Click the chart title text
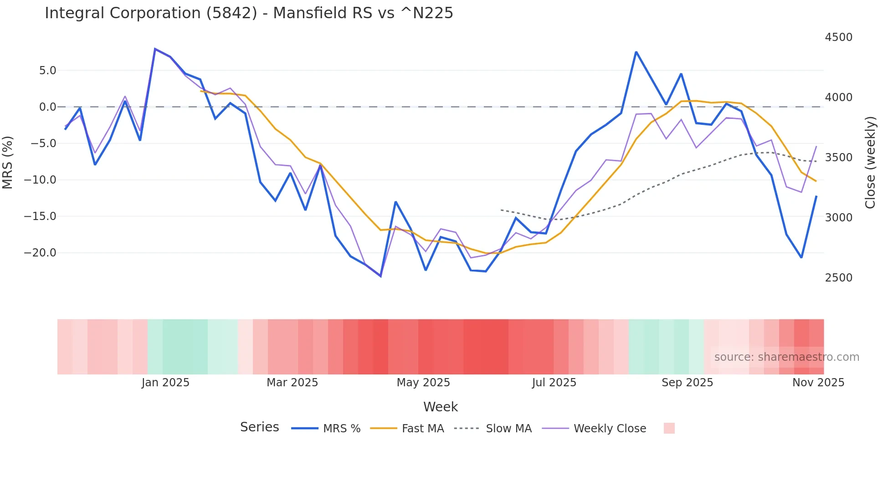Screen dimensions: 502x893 point(249,13)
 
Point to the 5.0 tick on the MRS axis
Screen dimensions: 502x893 point(47,71)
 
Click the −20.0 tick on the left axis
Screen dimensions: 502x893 point(40,253)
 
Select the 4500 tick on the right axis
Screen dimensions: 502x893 point(838,37)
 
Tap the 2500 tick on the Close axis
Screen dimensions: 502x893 point(838,278)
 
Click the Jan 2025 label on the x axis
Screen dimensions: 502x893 point(165,383)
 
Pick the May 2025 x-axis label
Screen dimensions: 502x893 point(423,383)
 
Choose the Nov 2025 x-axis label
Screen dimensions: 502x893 point(818,383)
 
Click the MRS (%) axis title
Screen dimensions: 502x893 point(8,162)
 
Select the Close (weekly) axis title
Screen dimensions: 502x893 point(870,162)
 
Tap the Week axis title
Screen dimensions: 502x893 point(441,407)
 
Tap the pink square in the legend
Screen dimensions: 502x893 point(669,428)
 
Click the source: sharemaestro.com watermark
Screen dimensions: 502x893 point(786,357)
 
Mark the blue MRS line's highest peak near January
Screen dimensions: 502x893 point(155,49)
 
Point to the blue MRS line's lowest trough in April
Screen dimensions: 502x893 point(380,276)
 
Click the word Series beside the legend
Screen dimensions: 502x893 point(259,427)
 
